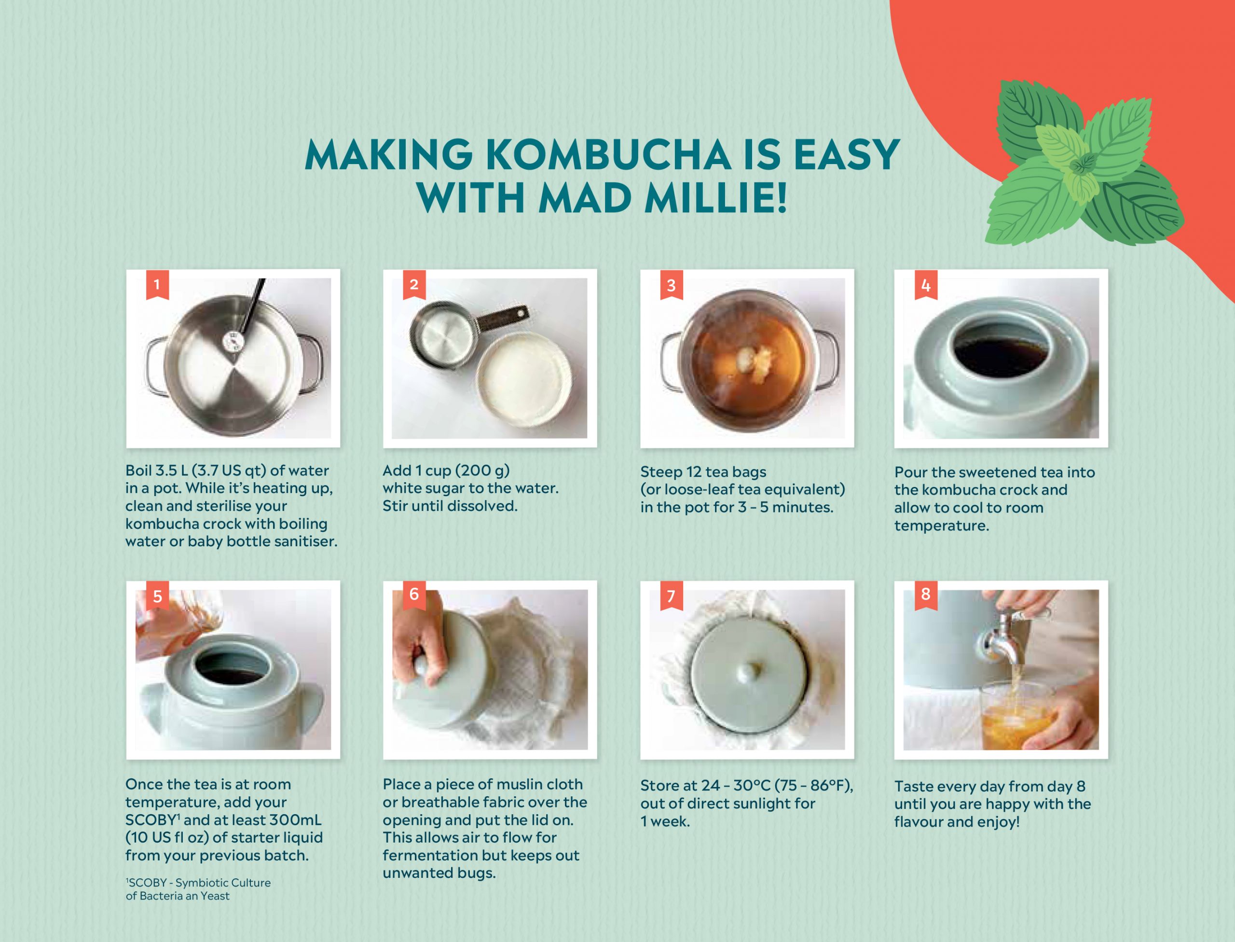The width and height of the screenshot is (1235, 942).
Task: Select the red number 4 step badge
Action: coord(926,284)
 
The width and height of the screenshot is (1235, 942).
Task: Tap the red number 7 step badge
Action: coord(672,596)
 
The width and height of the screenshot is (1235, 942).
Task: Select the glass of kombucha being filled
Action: coord(1016,715)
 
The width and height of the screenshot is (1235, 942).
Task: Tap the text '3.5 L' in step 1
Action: coord(171,471)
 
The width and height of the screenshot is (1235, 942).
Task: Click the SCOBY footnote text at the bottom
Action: coord(198,889)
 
